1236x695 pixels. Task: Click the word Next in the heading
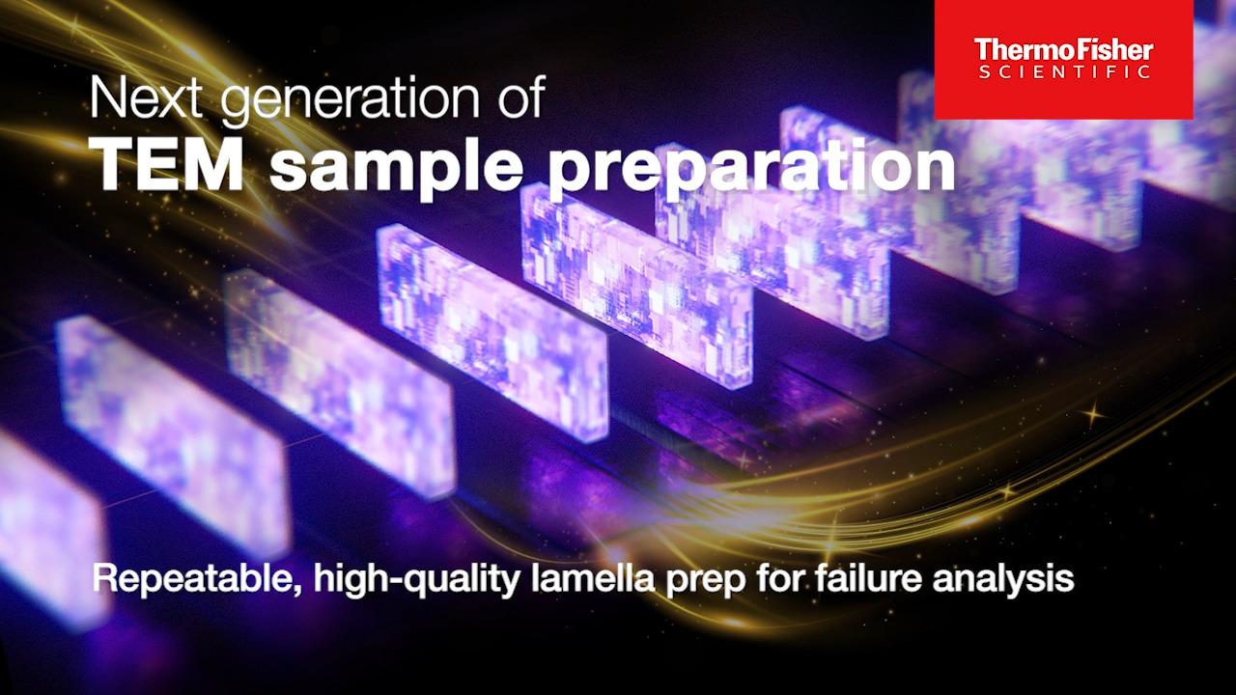tap(146, 97)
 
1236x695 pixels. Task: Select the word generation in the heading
tap(351, 102)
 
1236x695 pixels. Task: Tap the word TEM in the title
tap(170, 163)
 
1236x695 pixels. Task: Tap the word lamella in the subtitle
tap(592, 578)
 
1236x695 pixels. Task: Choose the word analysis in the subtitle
tap(1003, 581)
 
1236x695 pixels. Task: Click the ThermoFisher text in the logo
tap(1063, 50)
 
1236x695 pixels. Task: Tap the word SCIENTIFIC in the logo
tap(1064, 72)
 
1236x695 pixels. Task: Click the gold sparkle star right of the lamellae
tap(1091, 414)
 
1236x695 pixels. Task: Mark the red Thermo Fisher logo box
tap(1064, 60)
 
